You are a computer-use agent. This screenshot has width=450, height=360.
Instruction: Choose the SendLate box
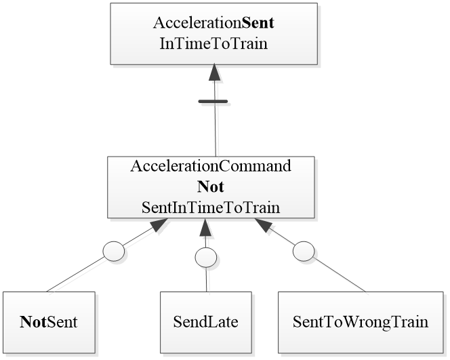(206, 322)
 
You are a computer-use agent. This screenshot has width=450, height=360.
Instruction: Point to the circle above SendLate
(205, 257)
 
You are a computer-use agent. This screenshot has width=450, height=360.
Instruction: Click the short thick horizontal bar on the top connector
(213, 102)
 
